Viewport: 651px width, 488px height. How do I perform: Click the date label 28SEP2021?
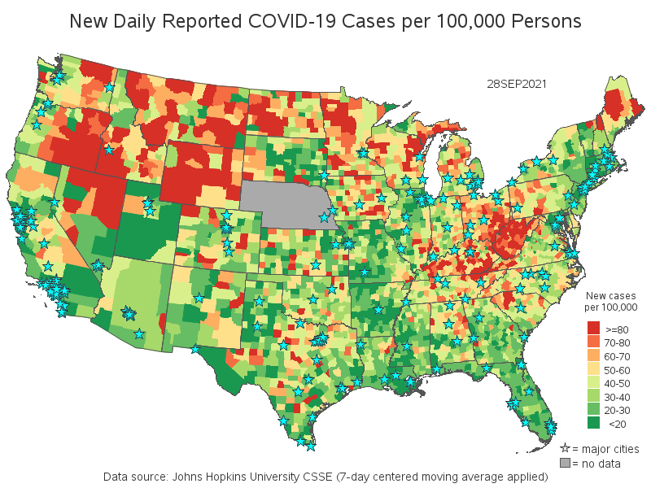pyautogui.click(x=516, y=84)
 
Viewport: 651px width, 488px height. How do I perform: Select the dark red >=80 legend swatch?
pyautogui.click(x=594, y=329)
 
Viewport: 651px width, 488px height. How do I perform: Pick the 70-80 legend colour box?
pyautogui.click(x=594, y=342)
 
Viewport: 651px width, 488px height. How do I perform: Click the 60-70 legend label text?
pyautogui.click(x=617, y=356)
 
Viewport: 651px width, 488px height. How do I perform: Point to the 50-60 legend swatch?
pyautogui.click(x=594, y=369)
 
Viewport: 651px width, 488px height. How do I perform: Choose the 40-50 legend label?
pyautogui.click(x=617, y=383)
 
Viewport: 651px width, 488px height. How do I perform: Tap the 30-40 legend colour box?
pyautogui.click(x=594, y=396)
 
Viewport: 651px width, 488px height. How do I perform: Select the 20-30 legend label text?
pyautogui.click(x=617, y=410)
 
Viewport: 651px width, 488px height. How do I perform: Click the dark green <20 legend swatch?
pyautogui.click(x=594, y=423)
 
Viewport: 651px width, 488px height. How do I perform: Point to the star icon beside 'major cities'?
pyautogui.click(x=565, y=448)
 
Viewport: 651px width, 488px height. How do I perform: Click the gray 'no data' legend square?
pyautogui.click(x=565, y=464)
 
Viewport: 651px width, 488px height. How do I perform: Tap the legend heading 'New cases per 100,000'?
pyautogui.click(x=610, y=301)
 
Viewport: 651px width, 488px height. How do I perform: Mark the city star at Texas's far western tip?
pyautogui.click(x=194, y=349)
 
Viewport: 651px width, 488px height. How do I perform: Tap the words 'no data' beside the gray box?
pyautogui.click(x=600, y=464)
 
